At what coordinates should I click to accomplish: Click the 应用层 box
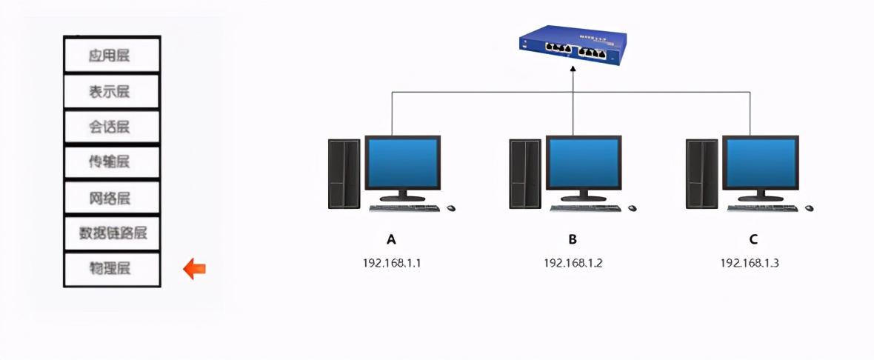click(x=112, y=56)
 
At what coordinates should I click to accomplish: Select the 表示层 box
click(x=112, y=91)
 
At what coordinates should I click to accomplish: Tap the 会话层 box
click(x=112, y=127)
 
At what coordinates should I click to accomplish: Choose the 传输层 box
click(x=112, y=162)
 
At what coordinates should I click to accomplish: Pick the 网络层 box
click(x=112, y=198)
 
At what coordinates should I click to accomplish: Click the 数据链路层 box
click(x=112, y=233)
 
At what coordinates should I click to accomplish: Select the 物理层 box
click(x=112, y=269)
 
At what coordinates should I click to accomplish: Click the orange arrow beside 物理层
click(x=194, y=269)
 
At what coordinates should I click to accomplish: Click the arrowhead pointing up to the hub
click(x=573, y=68)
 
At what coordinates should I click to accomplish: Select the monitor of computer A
click(x=402, y=163)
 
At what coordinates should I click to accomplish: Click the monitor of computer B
click(x=583, y=163)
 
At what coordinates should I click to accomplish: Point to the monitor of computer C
click(x=761, y=163)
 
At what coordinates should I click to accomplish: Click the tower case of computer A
click(x=344, y=173)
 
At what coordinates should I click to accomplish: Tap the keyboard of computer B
click(x=584, y=208)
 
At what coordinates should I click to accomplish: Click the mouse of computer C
click(x=810, y=208)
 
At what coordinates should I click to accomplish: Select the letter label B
click(x=573, y=239)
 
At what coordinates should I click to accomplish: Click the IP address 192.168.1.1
click(x=392, y=262)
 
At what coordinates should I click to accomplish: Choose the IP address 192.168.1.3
click(x=750, y=262)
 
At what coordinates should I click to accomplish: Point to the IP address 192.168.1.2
click(x=573, y=262)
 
